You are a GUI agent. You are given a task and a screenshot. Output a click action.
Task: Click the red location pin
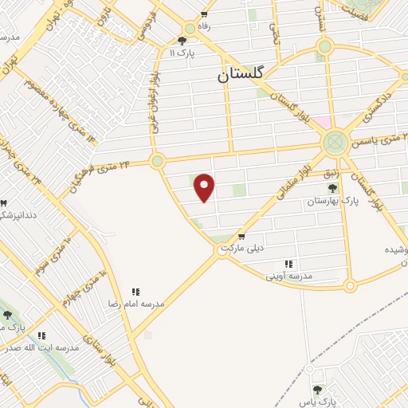click(x=205, y=187)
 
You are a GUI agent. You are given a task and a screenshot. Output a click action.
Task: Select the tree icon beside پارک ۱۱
click(x=182, y=41)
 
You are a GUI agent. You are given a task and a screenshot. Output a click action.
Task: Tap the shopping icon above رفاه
click(x=205, y=14)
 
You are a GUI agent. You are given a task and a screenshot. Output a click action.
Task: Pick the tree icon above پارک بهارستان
click(x=332, y=189)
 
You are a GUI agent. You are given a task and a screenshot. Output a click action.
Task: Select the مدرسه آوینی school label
click(x=288, y=275)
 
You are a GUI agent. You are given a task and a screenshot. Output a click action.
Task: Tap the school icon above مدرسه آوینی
click(x=288, y=264)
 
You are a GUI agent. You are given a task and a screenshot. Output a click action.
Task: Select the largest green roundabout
click(x=335, y=143)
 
